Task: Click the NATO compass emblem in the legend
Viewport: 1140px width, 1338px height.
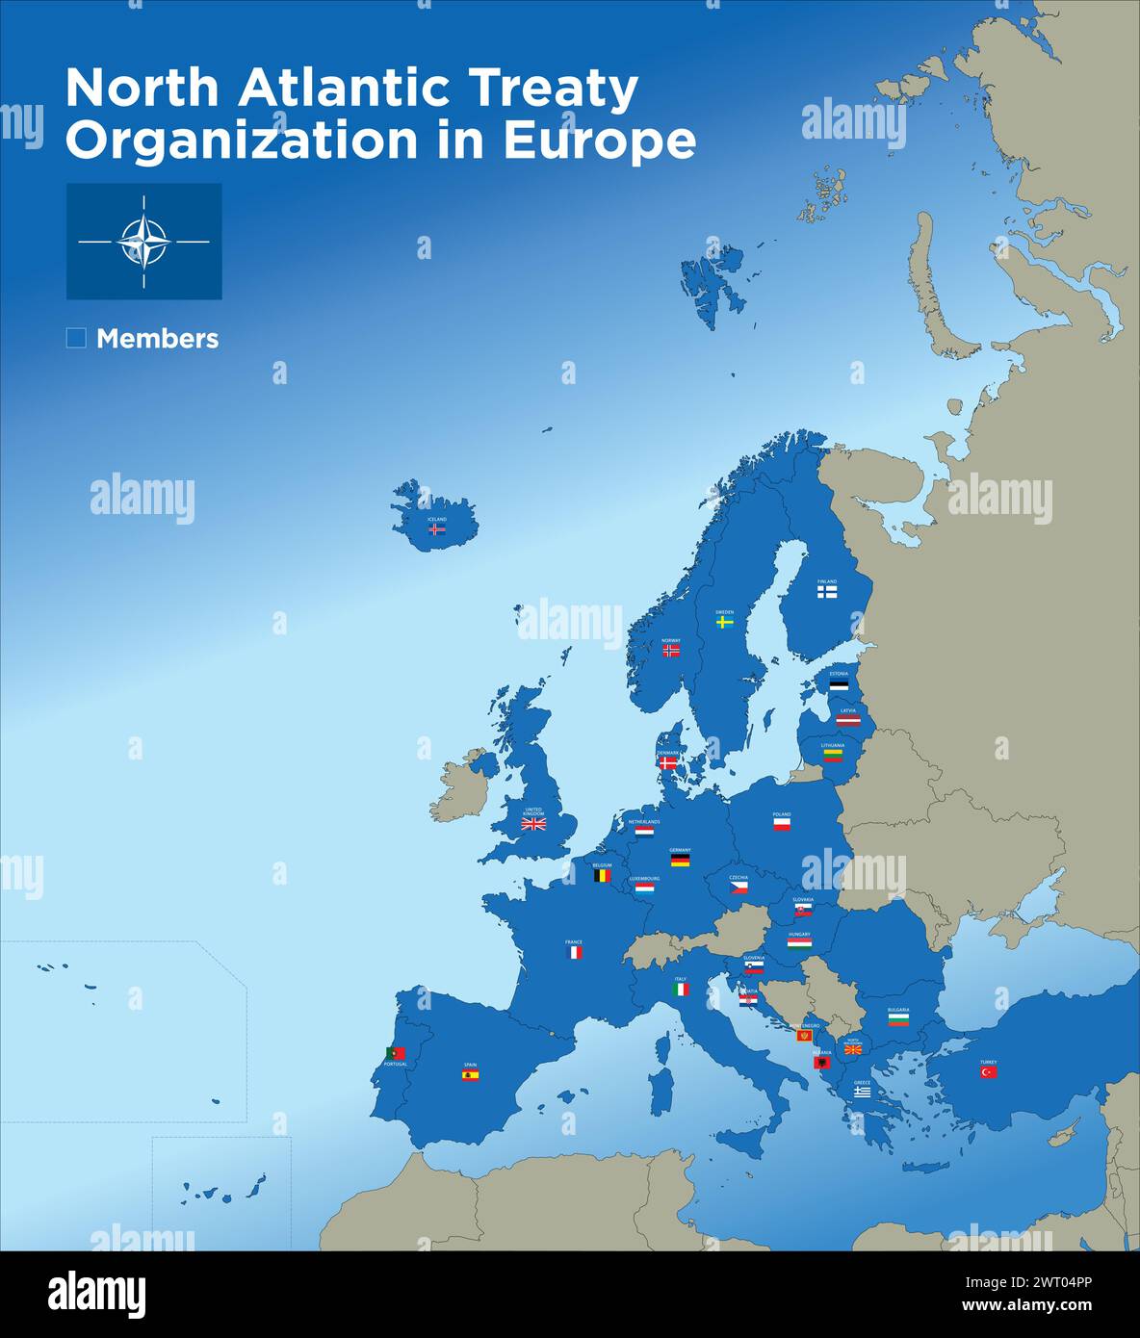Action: [143, 242]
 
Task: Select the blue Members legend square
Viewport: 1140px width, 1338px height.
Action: [76, 338]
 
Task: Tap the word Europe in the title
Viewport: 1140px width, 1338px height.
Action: [599, 141]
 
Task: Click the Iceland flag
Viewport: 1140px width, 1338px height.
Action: [437, 528]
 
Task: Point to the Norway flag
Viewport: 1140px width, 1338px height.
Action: [671, 651]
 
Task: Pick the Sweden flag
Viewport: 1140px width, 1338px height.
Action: [725, 622]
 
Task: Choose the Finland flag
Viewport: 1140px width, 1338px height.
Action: [827, 593]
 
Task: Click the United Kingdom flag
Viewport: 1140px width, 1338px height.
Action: [533, 824]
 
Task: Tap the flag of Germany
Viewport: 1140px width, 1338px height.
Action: [680, 861]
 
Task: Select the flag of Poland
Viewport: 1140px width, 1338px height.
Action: [782, 825]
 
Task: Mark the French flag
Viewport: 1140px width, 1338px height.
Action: [574, 952]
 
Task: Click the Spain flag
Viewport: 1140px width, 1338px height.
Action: [470, 1075]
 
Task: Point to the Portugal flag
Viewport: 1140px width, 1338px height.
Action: [395, 1054]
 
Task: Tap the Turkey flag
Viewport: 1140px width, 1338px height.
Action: [989, 1072]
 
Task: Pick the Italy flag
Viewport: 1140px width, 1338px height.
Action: [681, 989]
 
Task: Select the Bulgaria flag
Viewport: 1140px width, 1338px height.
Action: [898, 1019]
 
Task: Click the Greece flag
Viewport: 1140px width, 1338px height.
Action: [862, 1092]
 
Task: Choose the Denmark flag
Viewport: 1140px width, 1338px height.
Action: [668, 762]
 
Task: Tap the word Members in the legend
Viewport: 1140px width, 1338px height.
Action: [157, 339]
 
